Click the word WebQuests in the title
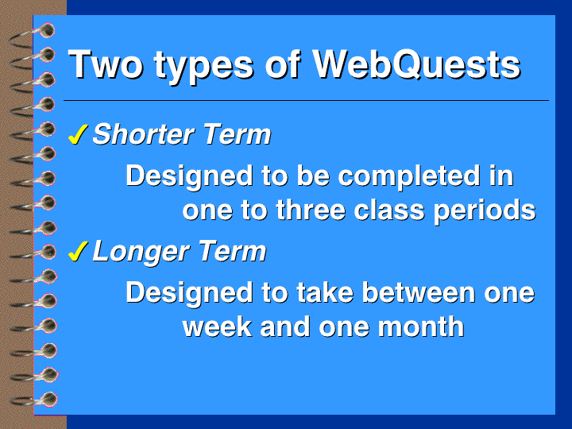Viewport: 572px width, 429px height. (416, 64)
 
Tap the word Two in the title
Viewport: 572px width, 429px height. (106, 64)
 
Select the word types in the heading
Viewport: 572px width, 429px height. (203, 68)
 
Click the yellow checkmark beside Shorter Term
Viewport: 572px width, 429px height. (78, 134)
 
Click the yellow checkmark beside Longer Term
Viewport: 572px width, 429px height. (78, 251)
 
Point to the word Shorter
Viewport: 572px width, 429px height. (143, 134)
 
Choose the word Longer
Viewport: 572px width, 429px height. (141, 253)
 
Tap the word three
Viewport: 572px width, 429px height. (311, 210)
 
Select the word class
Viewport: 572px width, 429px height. (389, 210)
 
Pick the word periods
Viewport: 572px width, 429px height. (485, 212)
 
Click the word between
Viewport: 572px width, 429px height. (419, 292)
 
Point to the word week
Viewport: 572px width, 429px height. (217, 327)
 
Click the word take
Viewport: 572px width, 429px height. (325, 292)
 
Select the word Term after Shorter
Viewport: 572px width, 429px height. (237, 134)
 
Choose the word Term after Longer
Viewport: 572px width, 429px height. (232, 251)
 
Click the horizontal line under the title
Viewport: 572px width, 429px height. (306, 100)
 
